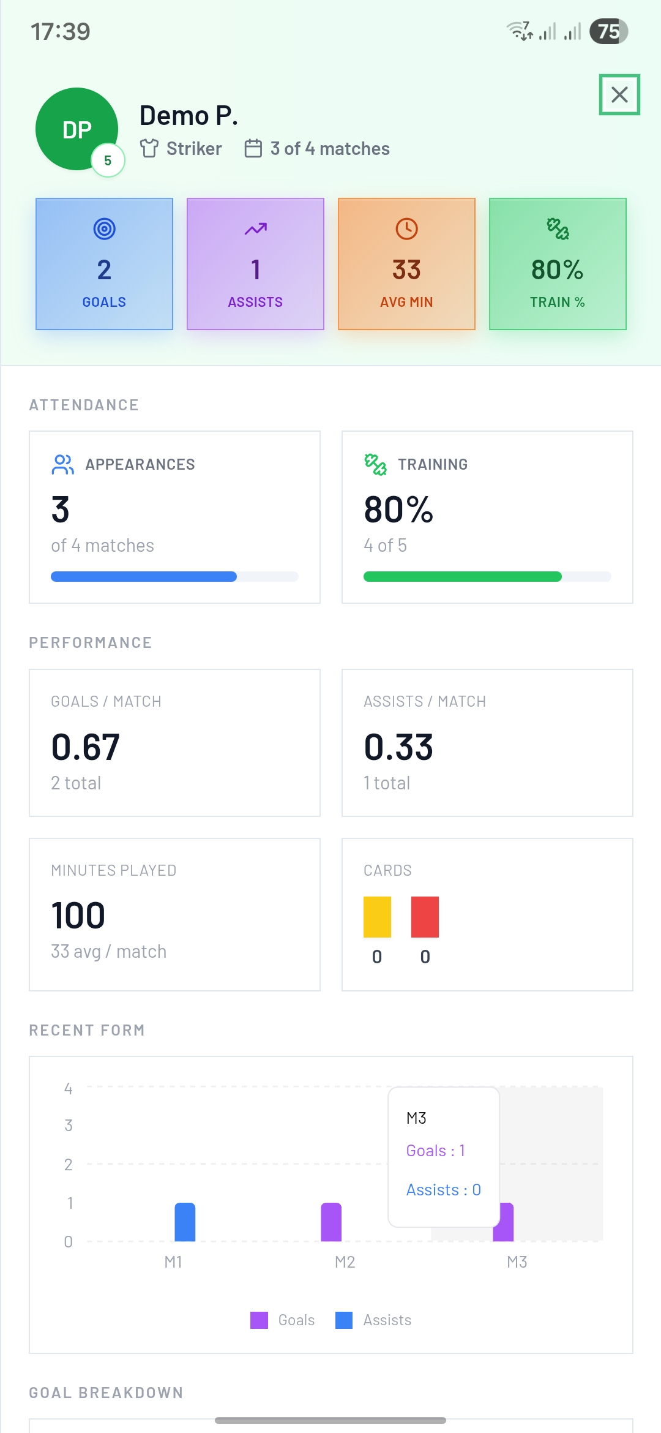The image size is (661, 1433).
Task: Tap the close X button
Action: click(619, 94)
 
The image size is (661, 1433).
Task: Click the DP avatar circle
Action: click(77, 129)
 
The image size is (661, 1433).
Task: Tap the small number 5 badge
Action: click(108, 160)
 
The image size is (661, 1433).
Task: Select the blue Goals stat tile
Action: click(104, 264)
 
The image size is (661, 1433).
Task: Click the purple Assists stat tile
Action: click(255, 264)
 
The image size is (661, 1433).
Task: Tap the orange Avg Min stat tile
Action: click(406, 264)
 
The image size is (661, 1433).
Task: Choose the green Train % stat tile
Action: click(558, 264)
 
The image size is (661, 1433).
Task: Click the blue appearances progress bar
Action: click(144, 576)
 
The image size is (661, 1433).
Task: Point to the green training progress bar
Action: click(463, 576)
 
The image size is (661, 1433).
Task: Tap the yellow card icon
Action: click(377, 917)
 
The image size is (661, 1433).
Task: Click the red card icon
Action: click(425, 917)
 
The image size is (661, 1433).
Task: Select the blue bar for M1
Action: click(185, 1222)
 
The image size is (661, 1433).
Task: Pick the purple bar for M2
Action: click(331, 1222)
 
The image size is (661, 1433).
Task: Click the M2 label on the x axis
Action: click(345, 1262)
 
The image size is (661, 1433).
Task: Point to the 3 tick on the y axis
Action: click(69, 1126)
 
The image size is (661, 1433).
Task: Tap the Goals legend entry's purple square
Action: click(259, 1320)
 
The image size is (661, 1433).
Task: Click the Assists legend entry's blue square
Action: click(344, 1320)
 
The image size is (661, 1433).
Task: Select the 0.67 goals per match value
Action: click(86, 747)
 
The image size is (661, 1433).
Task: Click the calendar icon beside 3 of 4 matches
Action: click(253, 148)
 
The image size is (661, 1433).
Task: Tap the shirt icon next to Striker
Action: click(149, 148)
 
